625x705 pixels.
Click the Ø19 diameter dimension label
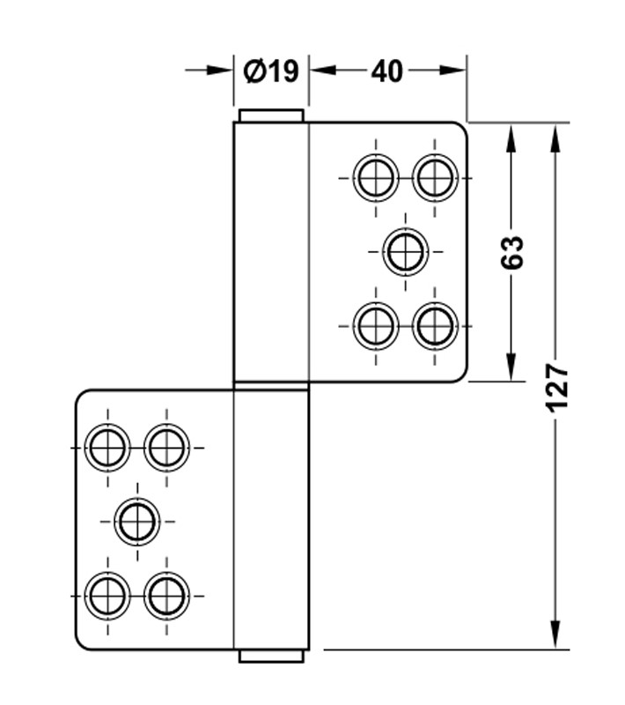click(x=271, y=71)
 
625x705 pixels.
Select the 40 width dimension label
click(x=386, y=71)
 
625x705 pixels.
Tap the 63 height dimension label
click(x=512, y=252)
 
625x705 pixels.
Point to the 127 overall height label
click(x=556, y=388)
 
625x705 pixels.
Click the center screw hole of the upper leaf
click(x=406, y=252)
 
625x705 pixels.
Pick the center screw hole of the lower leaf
click(x=137, y=522)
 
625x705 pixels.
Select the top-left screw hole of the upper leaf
click(x=376, y=178)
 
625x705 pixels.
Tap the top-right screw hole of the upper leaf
click(x=435, y=178)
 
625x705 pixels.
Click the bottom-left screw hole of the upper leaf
click(x=376, y=326)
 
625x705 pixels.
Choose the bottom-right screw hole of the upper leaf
click(x=435, y=326)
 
